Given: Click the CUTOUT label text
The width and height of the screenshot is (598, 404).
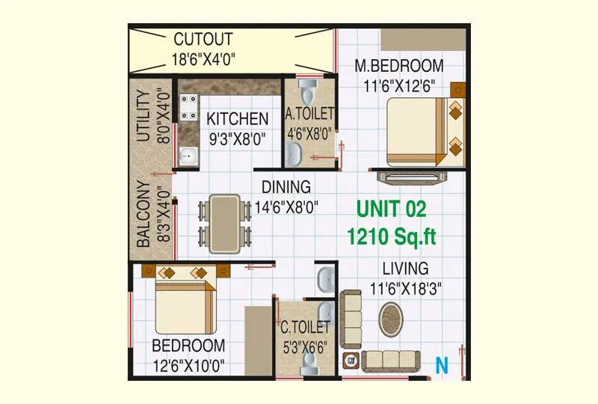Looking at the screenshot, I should tap(203, 40).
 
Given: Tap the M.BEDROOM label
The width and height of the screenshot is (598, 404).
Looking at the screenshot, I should tap(398, 66).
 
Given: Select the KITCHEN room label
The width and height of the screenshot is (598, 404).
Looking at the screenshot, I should tap(237, 119).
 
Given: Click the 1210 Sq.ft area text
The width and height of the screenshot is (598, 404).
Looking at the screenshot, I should tap(391, 237).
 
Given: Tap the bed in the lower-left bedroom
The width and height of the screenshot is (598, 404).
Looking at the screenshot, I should tap(185, 303).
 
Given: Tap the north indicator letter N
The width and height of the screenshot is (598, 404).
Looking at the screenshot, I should tap(442, 366).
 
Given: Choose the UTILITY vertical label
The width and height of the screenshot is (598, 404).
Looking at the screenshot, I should tap(144, 116).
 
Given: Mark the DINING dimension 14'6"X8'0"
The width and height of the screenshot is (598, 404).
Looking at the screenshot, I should tap(282, 206).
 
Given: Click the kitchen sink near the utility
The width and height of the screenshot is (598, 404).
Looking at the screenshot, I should tap(188, 156).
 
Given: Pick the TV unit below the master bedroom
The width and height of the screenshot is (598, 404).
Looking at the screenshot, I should tap(413, 177).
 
